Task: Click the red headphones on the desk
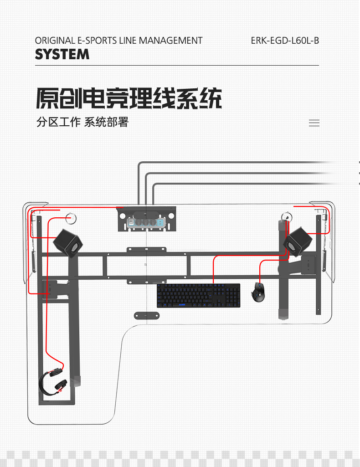(x=53, y=381)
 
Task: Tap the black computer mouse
(x=258, y=292)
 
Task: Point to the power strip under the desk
(x=146, y=222)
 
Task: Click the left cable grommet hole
(x=72, y=218)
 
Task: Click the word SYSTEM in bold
(x=62, y=55)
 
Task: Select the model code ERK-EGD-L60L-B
(x=285, y=41)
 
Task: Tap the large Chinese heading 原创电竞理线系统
(x=129, y=98)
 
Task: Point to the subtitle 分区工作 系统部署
(x=82, y=122)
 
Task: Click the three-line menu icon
(x=314, y=123)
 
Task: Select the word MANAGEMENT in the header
(x=170, y=41)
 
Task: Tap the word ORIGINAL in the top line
(x=55, y=41)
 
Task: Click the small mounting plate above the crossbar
(x=146, y=249)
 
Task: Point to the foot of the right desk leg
(x=283, y=314)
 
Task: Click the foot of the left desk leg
(x=77, y=380)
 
